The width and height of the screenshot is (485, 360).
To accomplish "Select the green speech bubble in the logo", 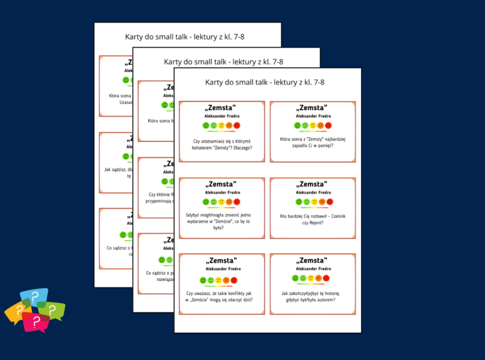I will click(53, 311).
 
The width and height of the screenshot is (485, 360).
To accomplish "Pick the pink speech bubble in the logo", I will click(33, 322).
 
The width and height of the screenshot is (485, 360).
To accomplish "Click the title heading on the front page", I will click(265, 82).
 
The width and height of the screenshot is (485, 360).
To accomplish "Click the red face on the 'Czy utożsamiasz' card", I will click(237, 125).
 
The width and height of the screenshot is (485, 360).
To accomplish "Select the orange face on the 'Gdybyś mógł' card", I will click(229, 202).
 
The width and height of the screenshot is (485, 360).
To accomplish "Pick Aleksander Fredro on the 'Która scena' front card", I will click(312, 116).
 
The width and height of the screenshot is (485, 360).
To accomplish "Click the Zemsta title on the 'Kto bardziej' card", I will click(312, 184).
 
